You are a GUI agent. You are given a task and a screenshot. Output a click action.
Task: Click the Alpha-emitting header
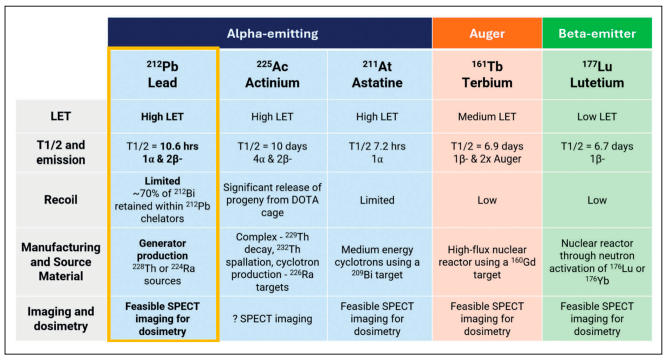click(x=272, y=33)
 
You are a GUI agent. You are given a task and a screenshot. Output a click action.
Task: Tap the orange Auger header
click(x=487, y=33)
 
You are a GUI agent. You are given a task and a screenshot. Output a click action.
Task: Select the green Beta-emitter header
click(x=597, y=33)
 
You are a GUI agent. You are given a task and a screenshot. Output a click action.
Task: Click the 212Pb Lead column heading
click(x=163, y=74)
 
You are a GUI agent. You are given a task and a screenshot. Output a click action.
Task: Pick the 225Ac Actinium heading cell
click(x=272, y=74)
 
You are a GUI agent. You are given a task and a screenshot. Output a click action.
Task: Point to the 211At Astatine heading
click(x=377, y=74)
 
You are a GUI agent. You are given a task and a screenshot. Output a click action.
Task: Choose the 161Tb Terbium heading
click(x=487, y=74)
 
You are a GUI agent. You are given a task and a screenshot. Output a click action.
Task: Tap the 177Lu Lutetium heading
click(x=597, y=74)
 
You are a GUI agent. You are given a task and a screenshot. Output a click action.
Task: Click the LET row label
click(x=61, y=116)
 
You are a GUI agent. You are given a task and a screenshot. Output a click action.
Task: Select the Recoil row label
click(x=61, y=200)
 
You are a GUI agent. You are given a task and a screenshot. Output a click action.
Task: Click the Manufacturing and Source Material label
click(x=61, y=261)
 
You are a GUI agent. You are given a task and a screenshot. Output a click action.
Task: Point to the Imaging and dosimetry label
click(x=61, y=319)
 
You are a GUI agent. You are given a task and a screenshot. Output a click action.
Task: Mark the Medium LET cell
click(x=487, y=116)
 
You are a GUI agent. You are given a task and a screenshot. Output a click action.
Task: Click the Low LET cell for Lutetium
click(x=597, y=116)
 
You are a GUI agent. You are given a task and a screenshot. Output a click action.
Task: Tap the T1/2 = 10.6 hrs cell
click(x=163, y=152)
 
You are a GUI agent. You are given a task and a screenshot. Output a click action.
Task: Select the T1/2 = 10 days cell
click(x=272, y=152)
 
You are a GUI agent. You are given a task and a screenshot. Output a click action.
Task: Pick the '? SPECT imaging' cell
click(x=272, y=319)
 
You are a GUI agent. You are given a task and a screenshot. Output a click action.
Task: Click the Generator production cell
click(x=163, y=262)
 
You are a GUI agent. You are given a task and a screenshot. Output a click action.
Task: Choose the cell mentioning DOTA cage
click(x=272, y=200)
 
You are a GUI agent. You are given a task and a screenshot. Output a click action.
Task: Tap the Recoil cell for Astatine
click(x=377, y=200)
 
